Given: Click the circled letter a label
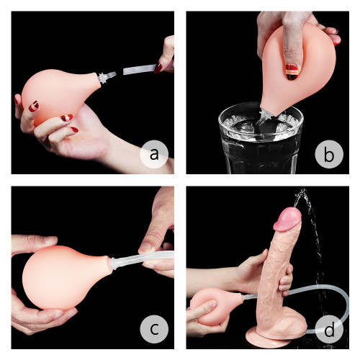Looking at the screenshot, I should pyautogui.click(x=153, y=153).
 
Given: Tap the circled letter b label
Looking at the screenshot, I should pyautogui.click(x=329, y=153).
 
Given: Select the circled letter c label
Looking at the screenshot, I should pyautogui.click(x=153, y=329).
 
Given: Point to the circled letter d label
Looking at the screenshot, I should pyautogui.click(x=329, y=329).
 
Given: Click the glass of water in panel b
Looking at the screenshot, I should pyautogui.click(x=260, y=140).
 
